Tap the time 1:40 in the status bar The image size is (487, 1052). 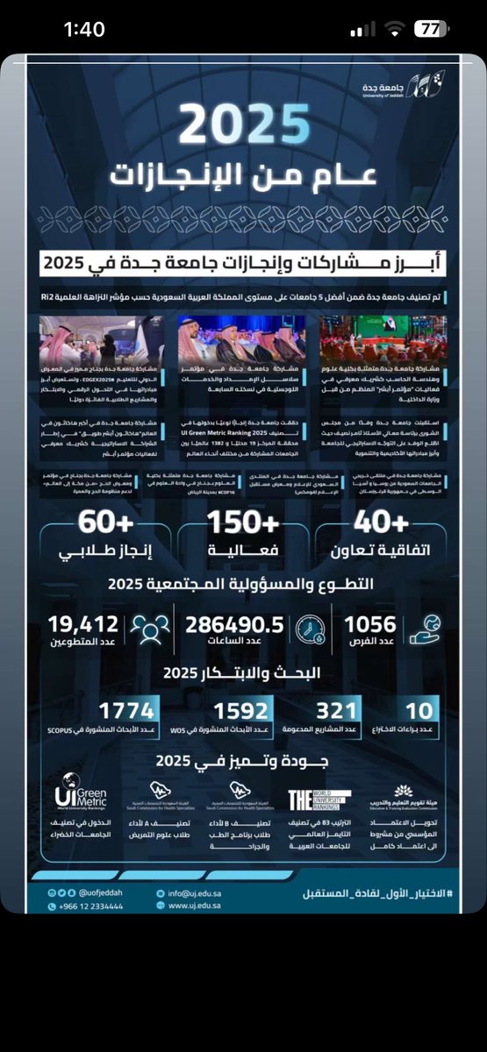coord(84,29)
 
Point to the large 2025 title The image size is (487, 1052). coord(245,124)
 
